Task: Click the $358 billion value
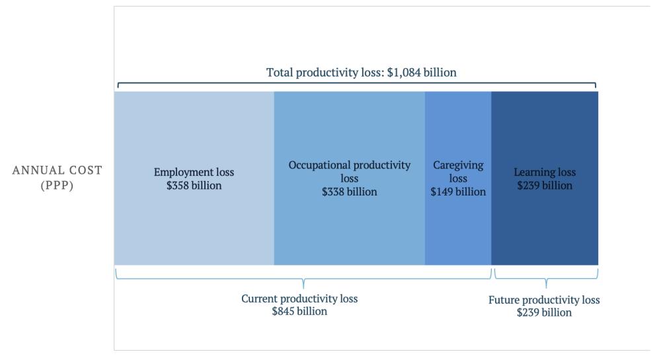point(194,186)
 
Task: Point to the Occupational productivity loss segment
point(349,225)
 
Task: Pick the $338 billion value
point(350,192)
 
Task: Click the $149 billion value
point(458,192)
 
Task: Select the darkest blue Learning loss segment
point(545,225)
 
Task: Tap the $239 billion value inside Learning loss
point(545,186)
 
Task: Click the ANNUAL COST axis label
point(58,170)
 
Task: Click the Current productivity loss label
point(299,299)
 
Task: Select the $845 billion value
point(299,311)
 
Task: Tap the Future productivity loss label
point(544,300)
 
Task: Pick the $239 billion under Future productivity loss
point(544,312)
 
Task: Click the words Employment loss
point(194,172)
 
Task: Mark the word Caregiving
point(457,165)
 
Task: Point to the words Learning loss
point(545,172)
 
